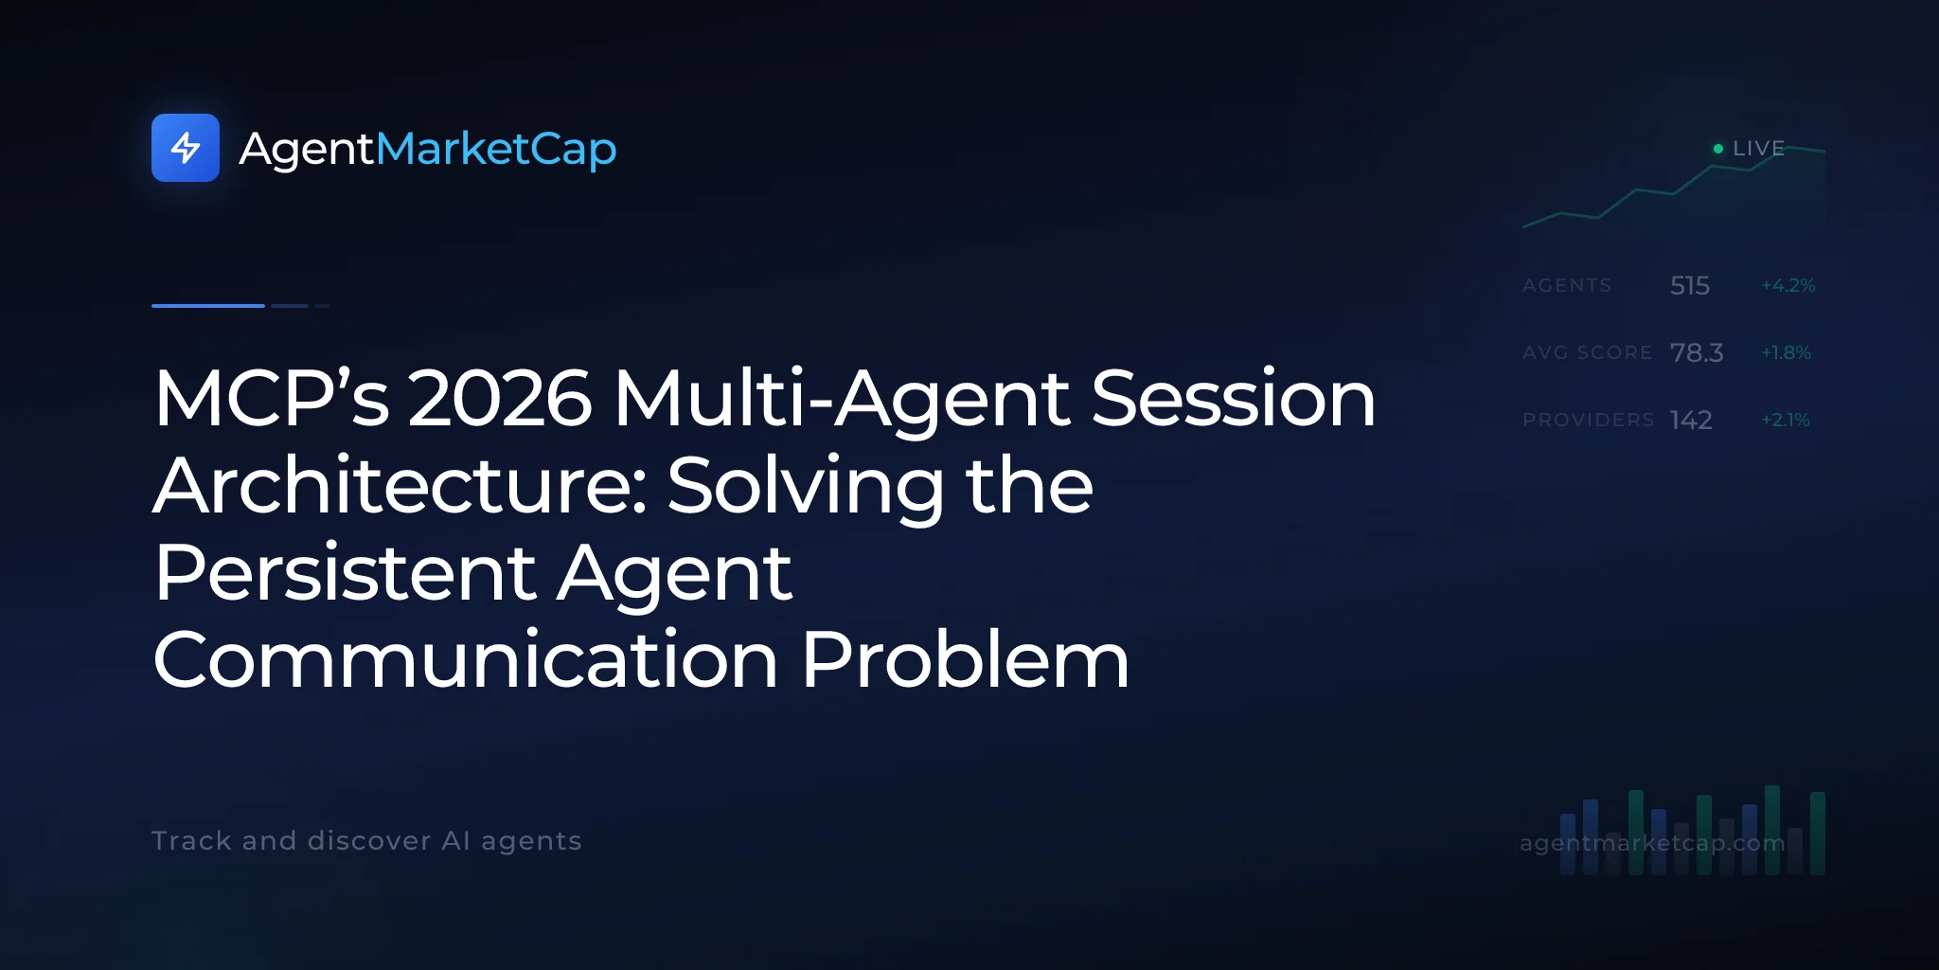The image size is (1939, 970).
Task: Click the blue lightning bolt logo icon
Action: click(186, 148)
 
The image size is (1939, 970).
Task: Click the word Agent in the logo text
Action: click(307, 150)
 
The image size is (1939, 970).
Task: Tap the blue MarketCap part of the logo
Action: click(496, 149)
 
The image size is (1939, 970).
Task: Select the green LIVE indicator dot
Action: click(1718, 149)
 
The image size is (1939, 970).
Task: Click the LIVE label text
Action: click(1758, 149)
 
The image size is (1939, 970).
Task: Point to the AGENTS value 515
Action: click(1690, 285)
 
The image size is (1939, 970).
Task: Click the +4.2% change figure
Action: click(1788, 285)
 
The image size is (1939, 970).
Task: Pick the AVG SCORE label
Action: click(1587, 352)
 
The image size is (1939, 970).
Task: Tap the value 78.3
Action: click(1697, 352)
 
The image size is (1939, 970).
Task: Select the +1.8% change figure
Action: click(1786, 352)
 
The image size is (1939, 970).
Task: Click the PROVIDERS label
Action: click(1588, 420)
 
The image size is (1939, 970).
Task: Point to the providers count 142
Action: click(1691, 420)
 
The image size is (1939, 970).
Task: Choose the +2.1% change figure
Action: click(1786, 420)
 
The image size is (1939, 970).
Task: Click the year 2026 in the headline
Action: click(500, 398)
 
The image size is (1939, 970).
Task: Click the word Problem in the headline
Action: click(966, 659)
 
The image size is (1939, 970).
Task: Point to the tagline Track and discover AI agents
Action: click(366, 840)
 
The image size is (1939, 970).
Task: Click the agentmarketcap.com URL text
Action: click(1652, 842)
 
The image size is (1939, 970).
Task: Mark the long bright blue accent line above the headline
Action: click(208, 306)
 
